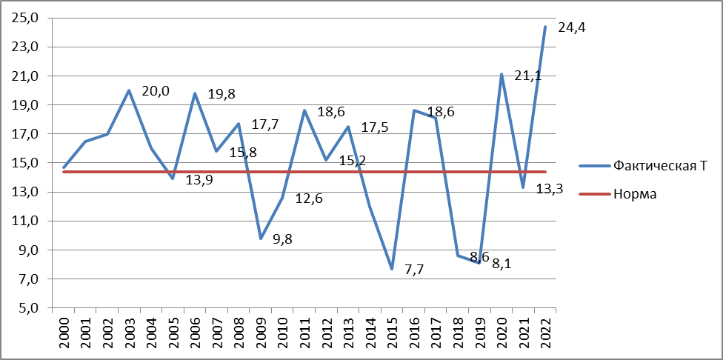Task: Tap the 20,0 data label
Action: [x=156, y=91]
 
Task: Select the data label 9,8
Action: [x=282, y=239]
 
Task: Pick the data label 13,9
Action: [x=198, y=180]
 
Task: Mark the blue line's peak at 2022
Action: [x=545, y=27]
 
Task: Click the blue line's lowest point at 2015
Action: [x=392, y=269]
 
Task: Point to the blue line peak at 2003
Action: [x=129, y=90]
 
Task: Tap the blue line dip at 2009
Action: [x=261, y=239]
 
